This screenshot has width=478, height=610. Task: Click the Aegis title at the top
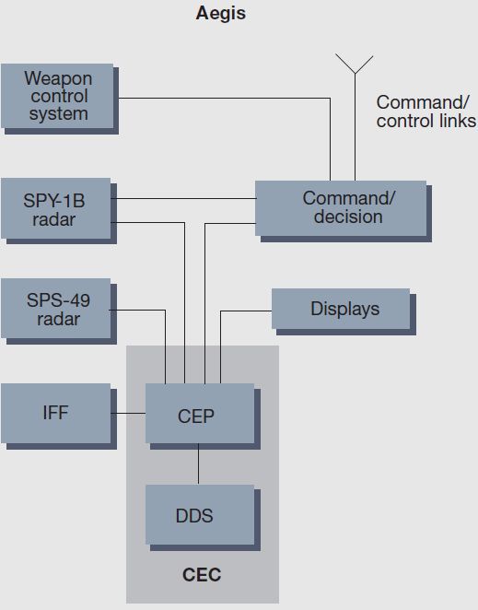pos(220,14)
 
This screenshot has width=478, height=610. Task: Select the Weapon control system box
pos(60,99)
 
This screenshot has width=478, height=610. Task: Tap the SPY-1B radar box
pos(59,211)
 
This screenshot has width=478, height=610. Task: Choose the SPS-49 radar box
pos(59,311)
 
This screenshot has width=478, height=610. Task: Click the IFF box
pos(59,416)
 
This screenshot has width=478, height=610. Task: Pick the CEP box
pos(203,416)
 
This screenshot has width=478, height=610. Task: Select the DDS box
pos(203,518)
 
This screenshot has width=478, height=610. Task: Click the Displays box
pos(344,311)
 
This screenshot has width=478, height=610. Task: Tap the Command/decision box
pos(344,211)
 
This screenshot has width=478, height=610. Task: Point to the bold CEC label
pos(202,575)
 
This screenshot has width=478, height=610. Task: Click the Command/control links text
pos(426,111)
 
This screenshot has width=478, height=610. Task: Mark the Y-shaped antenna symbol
pos(355,118)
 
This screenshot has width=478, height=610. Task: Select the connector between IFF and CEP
pos(128,413)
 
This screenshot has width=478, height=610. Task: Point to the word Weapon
pos(58,79)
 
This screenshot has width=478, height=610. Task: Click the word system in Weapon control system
pos(58,114)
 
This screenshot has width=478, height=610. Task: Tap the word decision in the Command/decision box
pos(348,217)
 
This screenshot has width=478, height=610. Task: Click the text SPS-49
pos(58,300)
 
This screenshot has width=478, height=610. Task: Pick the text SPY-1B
pos(54,201)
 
